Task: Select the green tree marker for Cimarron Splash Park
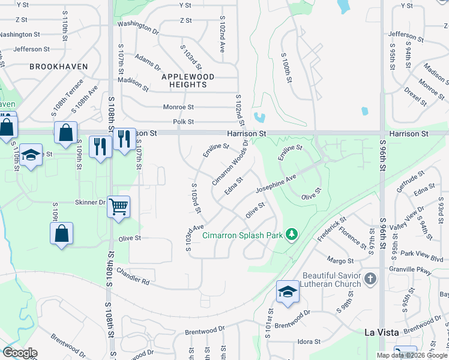(292, 234)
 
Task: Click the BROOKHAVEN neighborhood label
(59, 67)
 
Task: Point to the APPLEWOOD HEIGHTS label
(188, 80)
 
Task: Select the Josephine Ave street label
(276, 183)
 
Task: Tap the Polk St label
(183, 122)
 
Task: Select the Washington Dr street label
(137, 26)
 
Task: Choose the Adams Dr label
(148, 62)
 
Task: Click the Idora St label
(309, 341)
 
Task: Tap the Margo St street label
(340, 260)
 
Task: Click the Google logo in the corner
(20, 353)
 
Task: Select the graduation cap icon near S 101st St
(288, 292)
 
